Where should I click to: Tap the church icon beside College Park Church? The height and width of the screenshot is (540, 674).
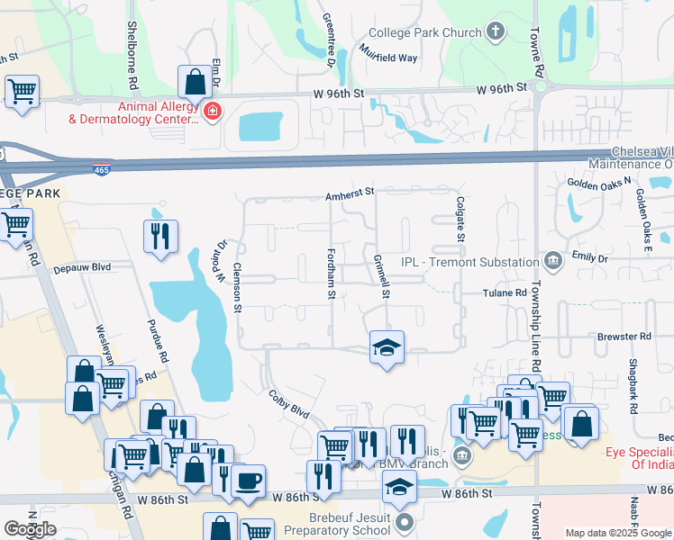coord(495,33)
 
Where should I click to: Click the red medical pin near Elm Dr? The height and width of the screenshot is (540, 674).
coord(213,112)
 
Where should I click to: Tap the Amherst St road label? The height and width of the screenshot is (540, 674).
coord(350,193)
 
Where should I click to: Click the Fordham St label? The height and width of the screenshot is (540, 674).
coord(332,274)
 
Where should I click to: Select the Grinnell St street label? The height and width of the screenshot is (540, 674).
coord(381,275)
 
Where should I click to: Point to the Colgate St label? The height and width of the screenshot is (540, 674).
coord(460,220)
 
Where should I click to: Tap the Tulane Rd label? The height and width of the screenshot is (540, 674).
coord(505,293)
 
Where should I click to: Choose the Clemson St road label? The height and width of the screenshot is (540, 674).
coord(238,288)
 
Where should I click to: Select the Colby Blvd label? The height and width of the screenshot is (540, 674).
coord(288,402)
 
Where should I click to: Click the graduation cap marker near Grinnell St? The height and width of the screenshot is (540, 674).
coord(387,347)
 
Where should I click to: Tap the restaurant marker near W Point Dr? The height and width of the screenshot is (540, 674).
coord(161,237)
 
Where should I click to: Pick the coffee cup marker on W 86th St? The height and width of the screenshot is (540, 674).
coord(249,480)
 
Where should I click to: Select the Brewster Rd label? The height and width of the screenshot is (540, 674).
coord(624,337)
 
